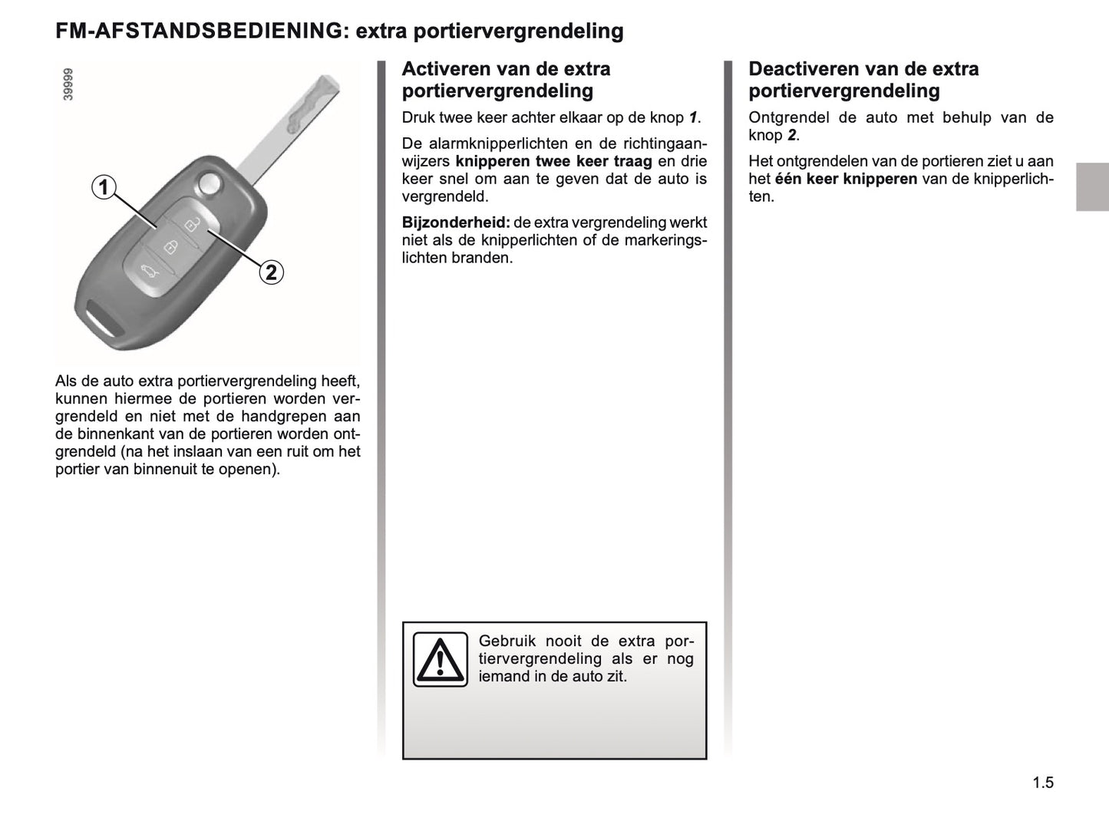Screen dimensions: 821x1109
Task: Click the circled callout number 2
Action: click(x=271, y=272)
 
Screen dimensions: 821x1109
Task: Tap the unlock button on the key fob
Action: click(x=190, y=224)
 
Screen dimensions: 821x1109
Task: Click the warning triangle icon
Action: click(x=440, y=659)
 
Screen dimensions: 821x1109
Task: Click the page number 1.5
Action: click(x=1042, y=783)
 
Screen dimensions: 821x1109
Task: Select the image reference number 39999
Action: click(x=69, y=84)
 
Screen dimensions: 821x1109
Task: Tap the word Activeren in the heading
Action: click(x=446, y=69)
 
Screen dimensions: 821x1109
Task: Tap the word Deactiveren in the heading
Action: click(x=802, y=69)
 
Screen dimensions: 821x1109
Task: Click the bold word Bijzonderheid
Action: click(x=455, y=223)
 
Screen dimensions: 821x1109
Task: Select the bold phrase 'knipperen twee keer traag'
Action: click(x=553, y=161)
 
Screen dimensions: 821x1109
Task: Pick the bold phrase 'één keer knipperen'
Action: click(x=846, y=179)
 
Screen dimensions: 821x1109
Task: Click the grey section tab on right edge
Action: click(x=1091, y=186)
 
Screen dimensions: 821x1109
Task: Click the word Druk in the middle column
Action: click(x=418, y=117)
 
